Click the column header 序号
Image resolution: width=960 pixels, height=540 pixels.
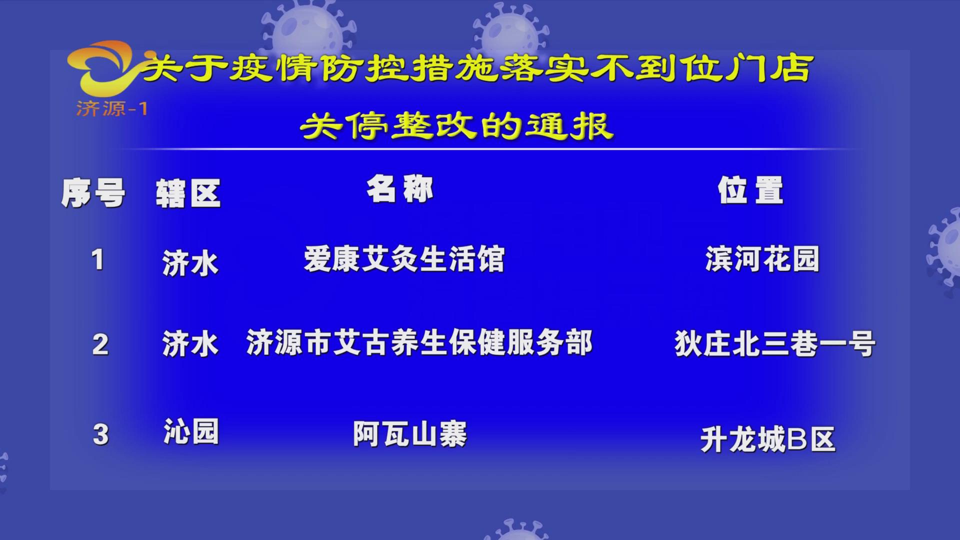click(x=93, y=193)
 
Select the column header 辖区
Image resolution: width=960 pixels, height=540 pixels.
click(x=188, y=193)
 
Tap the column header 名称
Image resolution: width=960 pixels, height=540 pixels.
click(x=400, y=189)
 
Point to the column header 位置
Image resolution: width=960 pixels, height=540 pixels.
click(x=750, y=190)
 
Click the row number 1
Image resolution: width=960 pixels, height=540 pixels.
click(x=98, y=260)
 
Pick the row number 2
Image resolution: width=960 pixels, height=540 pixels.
click(x=100, y=344)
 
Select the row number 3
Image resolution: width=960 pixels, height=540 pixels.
click(x=100, y=434)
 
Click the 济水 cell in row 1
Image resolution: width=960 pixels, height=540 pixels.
click(x=190, y=263)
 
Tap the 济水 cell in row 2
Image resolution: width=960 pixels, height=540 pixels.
click(x=190, y=344)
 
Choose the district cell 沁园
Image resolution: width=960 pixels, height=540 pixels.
click(x=191, y=432)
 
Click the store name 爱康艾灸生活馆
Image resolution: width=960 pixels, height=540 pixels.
click(x=404, y=259)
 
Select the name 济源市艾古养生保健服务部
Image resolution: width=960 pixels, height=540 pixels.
click(x=419, y=343)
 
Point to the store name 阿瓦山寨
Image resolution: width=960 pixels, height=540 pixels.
click(x=410, y=434)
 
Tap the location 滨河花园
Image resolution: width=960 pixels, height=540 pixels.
click(x=762, y=259)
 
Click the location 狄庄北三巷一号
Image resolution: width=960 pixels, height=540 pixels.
click(x=774, y=344)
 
